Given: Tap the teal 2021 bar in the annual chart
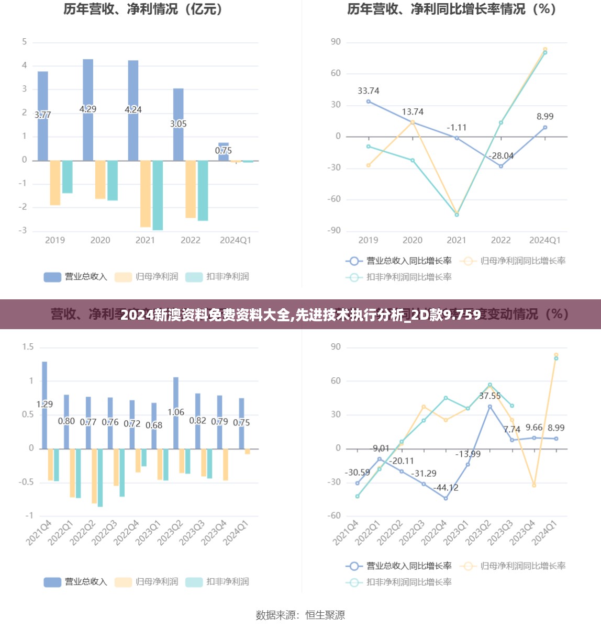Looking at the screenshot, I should [158, 195].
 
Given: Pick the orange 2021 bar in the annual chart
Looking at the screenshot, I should [146, 193].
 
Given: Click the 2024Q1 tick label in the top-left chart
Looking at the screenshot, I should [236, 240].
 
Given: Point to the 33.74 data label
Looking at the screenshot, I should [369, 91].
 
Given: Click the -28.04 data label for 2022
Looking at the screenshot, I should [501, 156].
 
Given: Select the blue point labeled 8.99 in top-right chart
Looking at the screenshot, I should [545, 127].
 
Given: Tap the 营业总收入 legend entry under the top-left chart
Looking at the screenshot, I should [76, 277].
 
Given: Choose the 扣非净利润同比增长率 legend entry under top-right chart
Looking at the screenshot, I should [399, 277].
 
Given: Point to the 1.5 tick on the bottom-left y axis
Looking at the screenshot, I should [28, 347].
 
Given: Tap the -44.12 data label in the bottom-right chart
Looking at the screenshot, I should [446, 488].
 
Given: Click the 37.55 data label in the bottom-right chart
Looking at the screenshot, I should [490, 396].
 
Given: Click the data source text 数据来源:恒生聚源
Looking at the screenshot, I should [300, 615].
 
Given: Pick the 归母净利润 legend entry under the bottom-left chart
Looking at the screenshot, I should [147, 582].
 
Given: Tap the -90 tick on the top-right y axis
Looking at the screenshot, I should [335, 230].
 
